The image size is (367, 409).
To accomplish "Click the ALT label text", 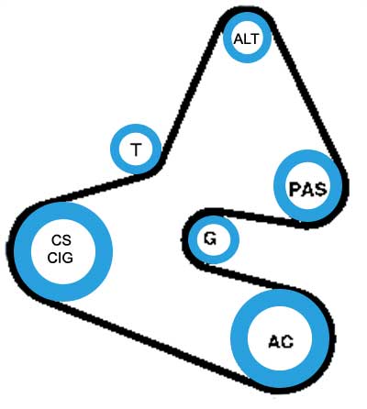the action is pos(247,39).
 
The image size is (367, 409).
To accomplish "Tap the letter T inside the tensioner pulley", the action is pos(136,149).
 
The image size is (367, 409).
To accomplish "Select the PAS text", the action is pos(307,189).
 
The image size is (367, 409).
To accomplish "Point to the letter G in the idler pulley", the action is pos(210,238).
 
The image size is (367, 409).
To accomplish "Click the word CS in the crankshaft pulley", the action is pos(61,240).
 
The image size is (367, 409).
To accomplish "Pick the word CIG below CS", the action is pos(61,258).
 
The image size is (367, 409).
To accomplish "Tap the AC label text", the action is pos(281,342).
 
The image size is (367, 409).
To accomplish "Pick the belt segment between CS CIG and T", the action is pos(95,188).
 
